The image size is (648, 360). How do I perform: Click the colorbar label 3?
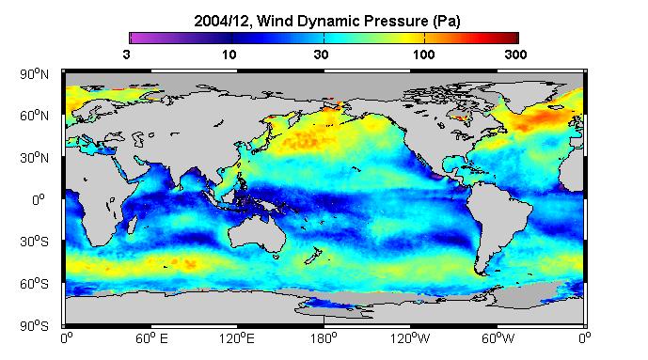126,55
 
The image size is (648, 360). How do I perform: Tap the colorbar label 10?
229,55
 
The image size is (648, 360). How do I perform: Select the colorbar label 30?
321,55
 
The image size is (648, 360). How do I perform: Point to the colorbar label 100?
423,55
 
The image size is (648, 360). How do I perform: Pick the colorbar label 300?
515,55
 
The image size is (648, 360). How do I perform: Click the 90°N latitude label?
34,74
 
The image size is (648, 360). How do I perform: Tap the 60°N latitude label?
34,116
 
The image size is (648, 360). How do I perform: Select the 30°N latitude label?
34,158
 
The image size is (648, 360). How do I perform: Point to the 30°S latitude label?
34,242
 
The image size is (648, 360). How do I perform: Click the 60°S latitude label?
34,284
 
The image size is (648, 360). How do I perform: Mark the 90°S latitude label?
34,326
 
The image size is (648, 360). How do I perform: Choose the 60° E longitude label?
151,338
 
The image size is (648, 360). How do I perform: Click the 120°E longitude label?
237,338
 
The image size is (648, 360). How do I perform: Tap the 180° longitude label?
324,338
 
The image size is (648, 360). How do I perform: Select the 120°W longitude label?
410,338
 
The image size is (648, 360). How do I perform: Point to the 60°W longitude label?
498,338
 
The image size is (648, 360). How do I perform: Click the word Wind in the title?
273,21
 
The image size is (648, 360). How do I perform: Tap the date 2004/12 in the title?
222,22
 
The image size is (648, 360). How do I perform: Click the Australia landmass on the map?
259,234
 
